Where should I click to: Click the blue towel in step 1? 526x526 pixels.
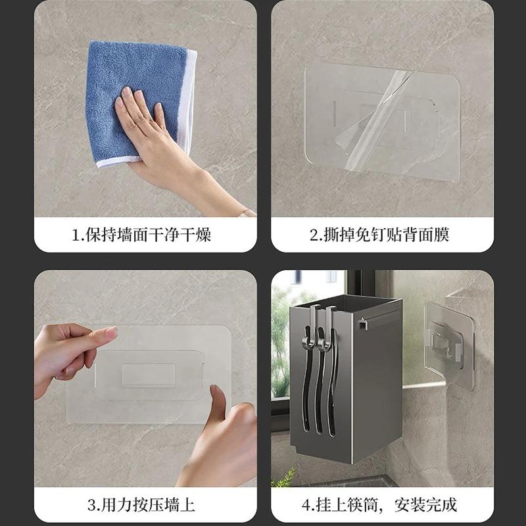click(125, 85)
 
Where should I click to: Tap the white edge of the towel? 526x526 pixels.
click(191, 99)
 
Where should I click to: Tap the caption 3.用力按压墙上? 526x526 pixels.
click(145, 505)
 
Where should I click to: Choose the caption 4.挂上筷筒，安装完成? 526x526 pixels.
click(382, 505)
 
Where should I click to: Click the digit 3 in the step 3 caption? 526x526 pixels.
click(91, 505)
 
